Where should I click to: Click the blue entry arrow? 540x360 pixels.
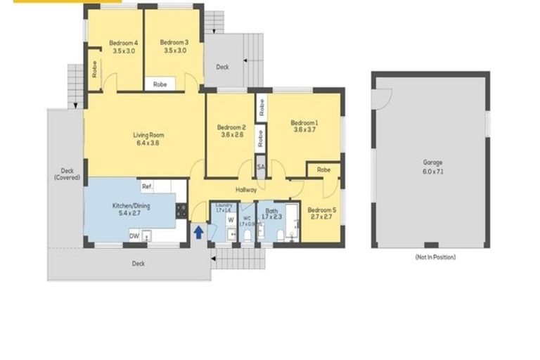198,231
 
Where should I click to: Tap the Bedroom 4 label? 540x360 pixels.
123,42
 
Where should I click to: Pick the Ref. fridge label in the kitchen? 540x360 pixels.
147,186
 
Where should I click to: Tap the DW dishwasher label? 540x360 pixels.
134,236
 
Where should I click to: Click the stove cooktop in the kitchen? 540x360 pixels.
181,209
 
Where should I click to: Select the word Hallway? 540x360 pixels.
246,189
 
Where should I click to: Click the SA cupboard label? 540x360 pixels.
261,167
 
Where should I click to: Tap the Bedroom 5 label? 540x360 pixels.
321,210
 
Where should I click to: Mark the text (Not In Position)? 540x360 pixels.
435,257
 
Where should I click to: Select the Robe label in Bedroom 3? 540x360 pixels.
160,84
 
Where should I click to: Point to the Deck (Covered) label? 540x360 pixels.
67,174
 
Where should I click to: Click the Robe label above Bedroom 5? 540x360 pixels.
323,169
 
